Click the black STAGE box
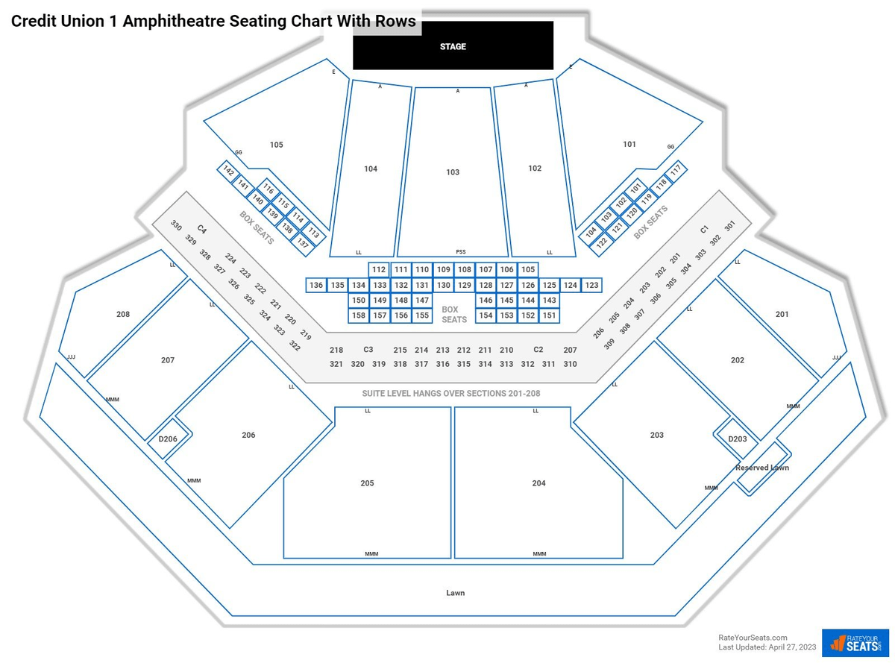click(x=453, y=45)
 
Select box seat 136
click(x=316, y=285)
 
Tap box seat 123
click(x=591, y=285)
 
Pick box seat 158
click(x=358, y=315)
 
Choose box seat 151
click(x=549, y=315)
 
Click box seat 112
click(x=379, y=269)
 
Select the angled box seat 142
click(x=228, y=171)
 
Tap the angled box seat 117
click(x=676, y=171)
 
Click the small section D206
click(x=169, y=439)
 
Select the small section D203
click(x=737, y=439)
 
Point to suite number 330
click(x=176, y=224)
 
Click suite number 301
click(x=729, y=227)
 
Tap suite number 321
click(x=336, y=364)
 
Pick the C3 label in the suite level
click(x=368, y=350)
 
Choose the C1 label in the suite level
click(x=704, y=229)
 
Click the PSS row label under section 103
click(x=460, y=252)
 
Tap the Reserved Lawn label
click(x=761, y=468)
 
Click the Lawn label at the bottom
click(x=455, y=593)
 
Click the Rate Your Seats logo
click(x=855, y=643)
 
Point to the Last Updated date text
click(x=767, y=647)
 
